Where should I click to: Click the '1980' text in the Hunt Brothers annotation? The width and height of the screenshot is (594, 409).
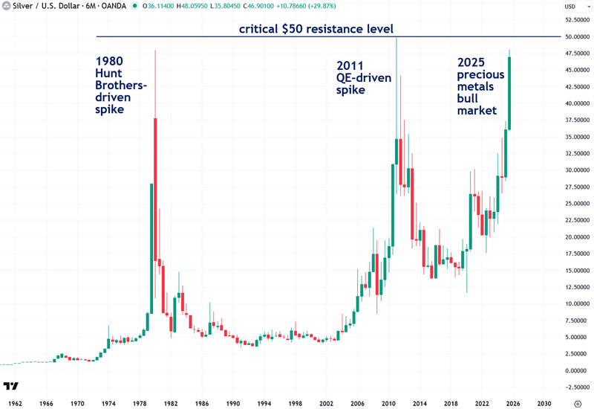pyautogui.click(x=108, y=61)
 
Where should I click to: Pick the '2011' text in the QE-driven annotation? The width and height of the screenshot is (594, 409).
pyautogui.click(x=350, y=65)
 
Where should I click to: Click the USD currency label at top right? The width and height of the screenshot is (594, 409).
pyautogui.click(x=570, y=6)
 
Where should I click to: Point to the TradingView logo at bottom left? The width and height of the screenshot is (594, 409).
pyautogui.click(x=10, y=387)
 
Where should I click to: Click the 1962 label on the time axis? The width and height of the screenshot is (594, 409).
pyautogui.click(x=15, y=401)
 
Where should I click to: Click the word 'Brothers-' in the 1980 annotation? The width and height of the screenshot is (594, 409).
pyautogui.click(x=122, y=85)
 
